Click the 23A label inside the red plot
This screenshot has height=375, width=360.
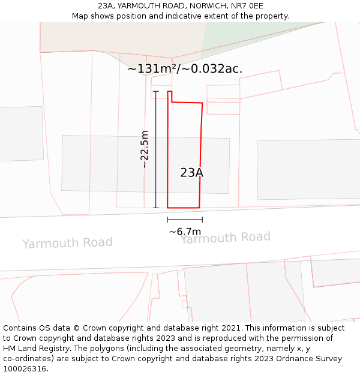192,173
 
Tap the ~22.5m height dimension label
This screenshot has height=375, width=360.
145,149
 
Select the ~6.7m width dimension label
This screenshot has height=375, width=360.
185,232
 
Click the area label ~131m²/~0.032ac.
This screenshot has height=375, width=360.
185,69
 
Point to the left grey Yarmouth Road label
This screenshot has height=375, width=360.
67,243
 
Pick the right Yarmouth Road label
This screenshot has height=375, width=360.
226,238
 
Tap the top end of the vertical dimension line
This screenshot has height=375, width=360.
155,91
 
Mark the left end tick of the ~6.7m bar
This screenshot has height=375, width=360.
167,220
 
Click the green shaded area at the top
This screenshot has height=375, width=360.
252,36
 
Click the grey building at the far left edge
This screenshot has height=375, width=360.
21,133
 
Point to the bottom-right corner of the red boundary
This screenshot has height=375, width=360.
199,208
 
